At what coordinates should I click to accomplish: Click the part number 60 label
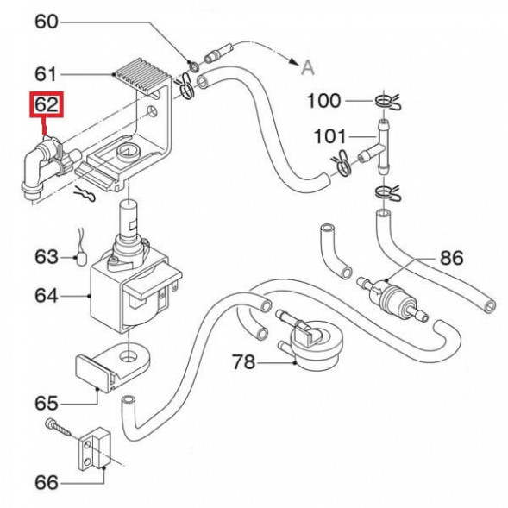coord(47,22)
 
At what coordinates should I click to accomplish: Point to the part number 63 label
coord(47,257)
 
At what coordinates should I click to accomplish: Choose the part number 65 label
coord(47,402)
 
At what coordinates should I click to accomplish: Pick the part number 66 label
coord(47,481)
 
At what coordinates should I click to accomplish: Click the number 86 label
coord(451,257)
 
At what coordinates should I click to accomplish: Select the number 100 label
coord(324,102)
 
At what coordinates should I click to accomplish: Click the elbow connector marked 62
coord(41,164)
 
